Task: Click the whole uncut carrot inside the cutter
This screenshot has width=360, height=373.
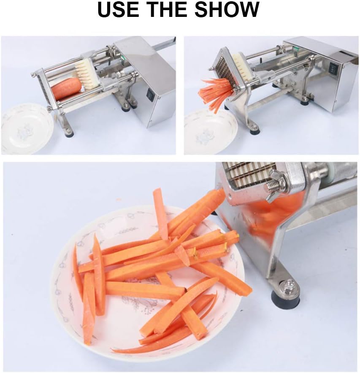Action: pyautogui.click(x=66, y=88)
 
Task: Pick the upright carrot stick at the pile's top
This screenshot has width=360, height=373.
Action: pyautogui.click(x=160, y=213)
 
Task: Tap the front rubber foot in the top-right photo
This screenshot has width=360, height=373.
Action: pyautogui.click(x=254, y=131)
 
